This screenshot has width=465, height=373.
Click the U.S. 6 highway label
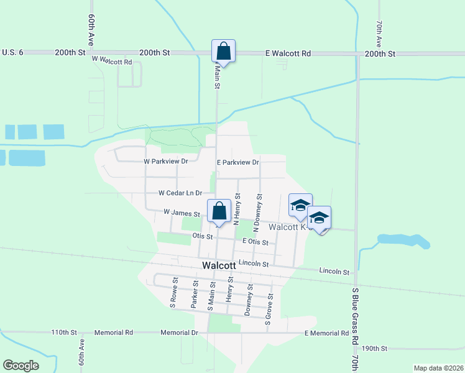click(x=12, y=53)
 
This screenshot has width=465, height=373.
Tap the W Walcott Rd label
click(x=112, y=61)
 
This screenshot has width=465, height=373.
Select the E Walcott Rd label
click(x=288, y=54)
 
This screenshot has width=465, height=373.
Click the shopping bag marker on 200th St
click(x=223, y=50)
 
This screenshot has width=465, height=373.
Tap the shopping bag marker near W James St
click(x=219, y=210)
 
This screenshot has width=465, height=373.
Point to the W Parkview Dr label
click(x=166, y=161)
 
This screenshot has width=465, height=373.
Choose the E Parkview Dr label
click(x=237, y=162)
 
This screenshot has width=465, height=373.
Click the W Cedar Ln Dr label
click(x=181, y=193)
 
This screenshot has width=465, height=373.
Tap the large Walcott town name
click(x=219, y=265)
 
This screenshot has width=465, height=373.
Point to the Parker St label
click(x=195, y=293)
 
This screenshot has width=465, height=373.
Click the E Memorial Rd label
click(x=326, y=333)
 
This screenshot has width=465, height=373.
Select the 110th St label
click(x=63, y=333)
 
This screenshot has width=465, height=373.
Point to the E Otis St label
click(x=255, y=242)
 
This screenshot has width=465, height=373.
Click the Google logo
click(x=21, y=366)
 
